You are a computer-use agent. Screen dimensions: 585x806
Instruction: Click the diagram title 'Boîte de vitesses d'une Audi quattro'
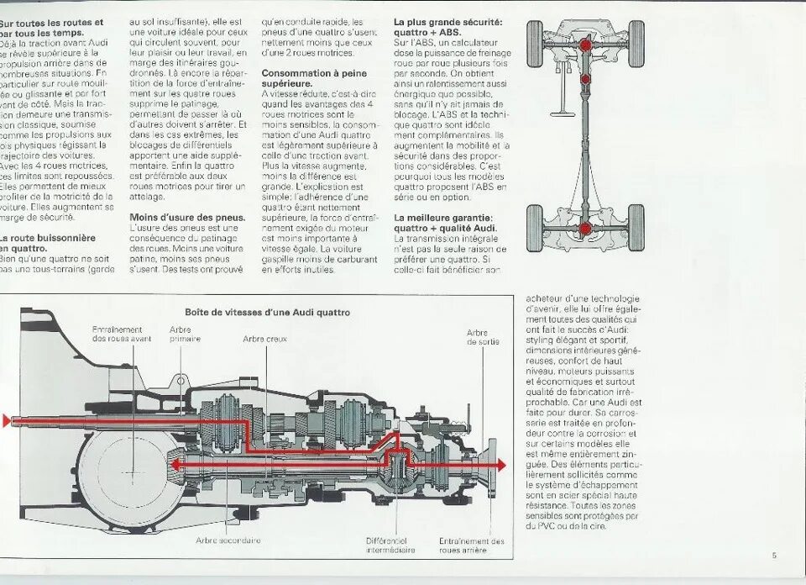[267, 312]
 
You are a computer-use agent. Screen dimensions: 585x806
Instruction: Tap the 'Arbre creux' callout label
[265, 339]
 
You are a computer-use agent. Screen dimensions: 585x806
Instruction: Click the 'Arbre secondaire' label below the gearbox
[228, 540]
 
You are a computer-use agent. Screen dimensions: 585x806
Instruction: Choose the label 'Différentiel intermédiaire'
[390, 545]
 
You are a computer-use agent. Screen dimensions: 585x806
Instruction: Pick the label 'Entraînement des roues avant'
[123, 334]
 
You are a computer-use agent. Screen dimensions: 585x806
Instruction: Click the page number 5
[774, 555]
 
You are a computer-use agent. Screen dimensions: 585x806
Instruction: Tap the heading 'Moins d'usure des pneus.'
[187, 217]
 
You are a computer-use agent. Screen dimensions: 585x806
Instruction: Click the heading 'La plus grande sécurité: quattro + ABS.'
[448, 27]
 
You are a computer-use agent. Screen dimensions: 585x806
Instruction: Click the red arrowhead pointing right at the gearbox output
[500, 465]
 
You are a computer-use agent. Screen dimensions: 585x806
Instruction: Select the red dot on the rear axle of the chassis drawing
[585, 228]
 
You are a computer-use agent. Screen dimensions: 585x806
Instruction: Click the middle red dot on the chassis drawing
[585, 79]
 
